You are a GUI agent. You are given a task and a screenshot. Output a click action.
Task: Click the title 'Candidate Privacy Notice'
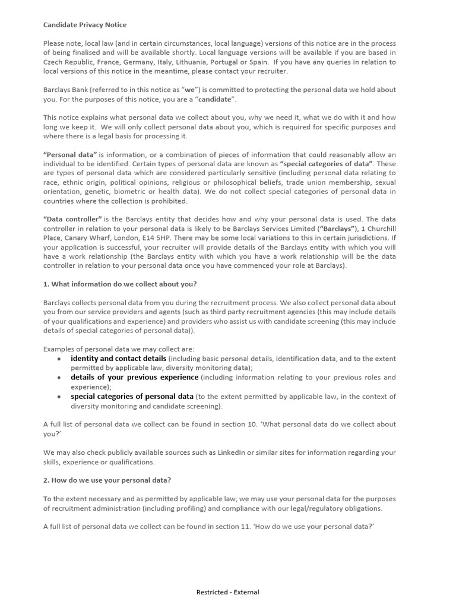[x=85, y=24]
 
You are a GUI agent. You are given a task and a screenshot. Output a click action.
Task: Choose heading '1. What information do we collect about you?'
[x=120, y=284]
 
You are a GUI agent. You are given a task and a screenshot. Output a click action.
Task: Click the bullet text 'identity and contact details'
[x=118, y=359]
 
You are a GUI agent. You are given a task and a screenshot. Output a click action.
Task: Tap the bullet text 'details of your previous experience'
[x=134, y=378]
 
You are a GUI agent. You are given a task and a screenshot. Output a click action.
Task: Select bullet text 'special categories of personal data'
[x=132, y=397]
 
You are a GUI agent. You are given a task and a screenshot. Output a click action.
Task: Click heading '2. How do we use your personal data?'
[x=107, y=480]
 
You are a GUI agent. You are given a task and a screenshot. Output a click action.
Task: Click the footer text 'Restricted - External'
[x=228, y=592]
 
